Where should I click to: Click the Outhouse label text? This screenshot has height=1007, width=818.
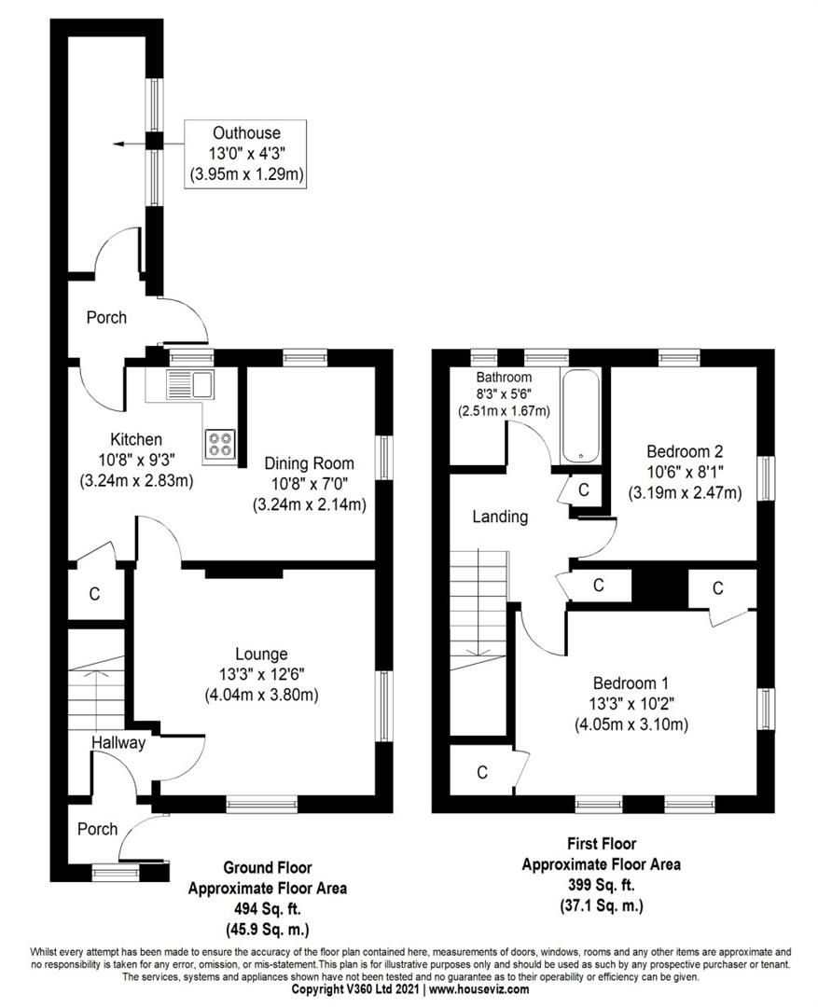coord(245,132)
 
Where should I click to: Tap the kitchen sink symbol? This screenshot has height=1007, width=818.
coord(189,383)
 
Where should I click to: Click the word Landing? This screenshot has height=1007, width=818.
coord(500,516)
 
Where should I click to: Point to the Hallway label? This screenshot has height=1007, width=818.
coord(118,742)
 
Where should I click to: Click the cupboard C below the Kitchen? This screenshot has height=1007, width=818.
coord(95,593)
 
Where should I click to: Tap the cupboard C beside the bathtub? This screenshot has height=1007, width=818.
coord(584,490)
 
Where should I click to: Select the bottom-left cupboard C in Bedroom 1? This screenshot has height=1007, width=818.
coord(481,772)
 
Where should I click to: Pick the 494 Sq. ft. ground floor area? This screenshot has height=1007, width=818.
coord(267,909)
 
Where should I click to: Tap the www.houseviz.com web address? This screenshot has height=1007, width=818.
coord(478,989)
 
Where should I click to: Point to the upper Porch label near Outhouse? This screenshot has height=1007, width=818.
coord(106,317)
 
